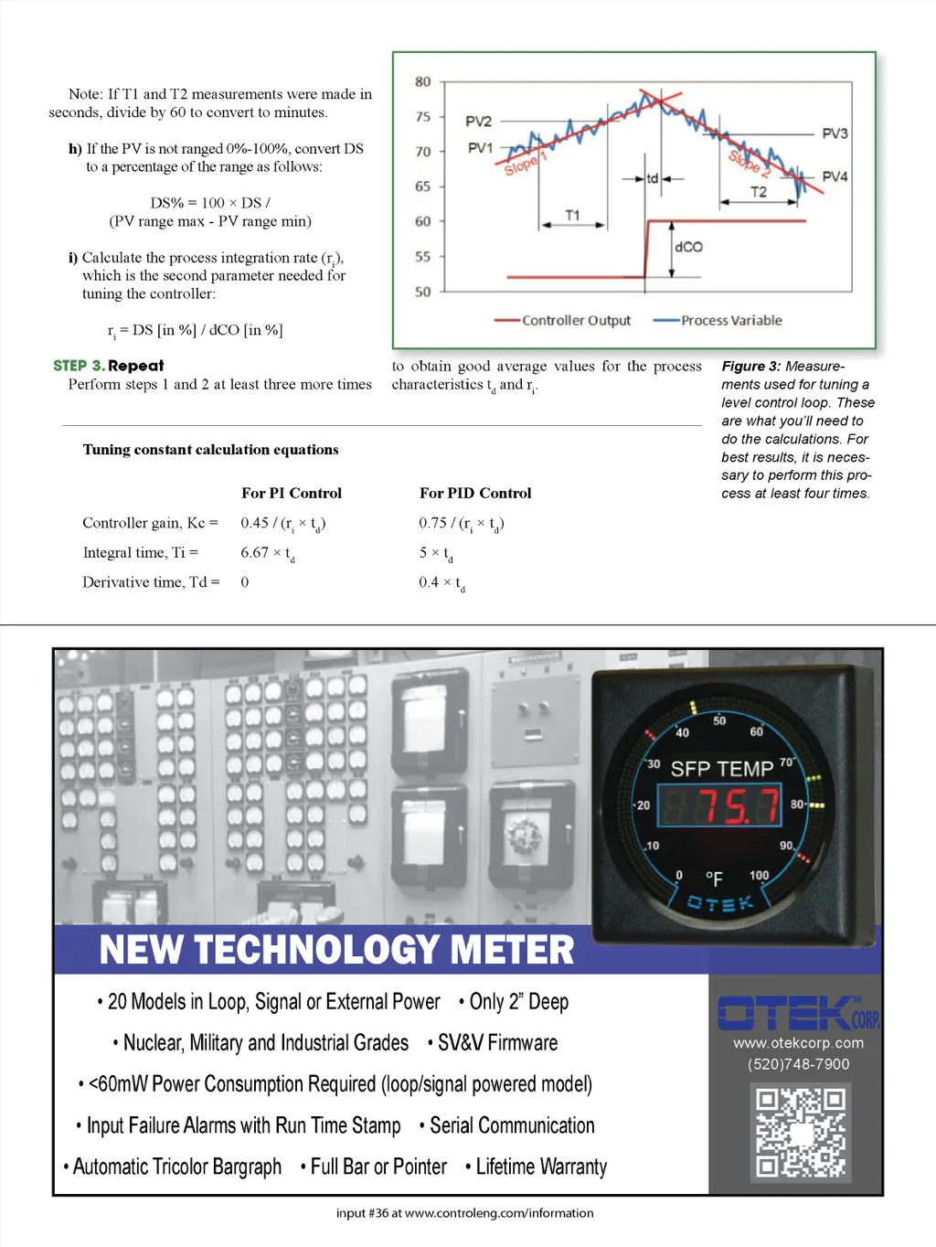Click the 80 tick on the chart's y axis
pos(422,82)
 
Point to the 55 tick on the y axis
pos(422,257)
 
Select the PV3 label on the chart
pos(835,133)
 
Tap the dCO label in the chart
pos(688,247)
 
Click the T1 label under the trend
pos(572,216)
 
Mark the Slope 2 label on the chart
pos(750,163)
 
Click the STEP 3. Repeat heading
pos(109,366)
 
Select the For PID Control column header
pos(475,494)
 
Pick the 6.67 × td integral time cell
pos(267,553)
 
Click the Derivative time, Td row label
pos(151,582)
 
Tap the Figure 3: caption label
pos(750,367)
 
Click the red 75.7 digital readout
pos(721,805)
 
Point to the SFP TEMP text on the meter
pos(721,769)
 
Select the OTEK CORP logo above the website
pos(798,1013)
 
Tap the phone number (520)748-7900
pos(798,1064)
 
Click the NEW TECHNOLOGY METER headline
pos(336,950)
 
